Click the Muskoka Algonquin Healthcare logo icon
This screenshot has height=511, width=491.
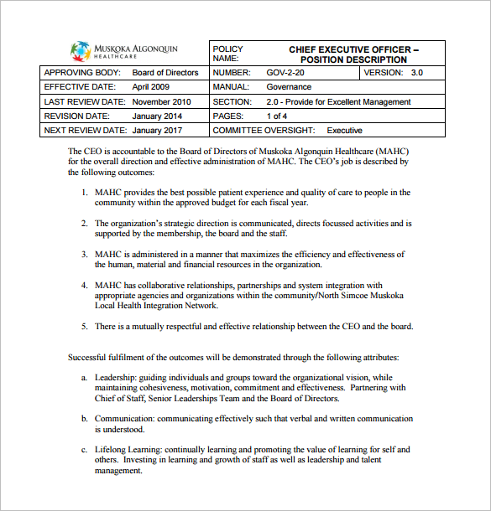(x=81, y=51)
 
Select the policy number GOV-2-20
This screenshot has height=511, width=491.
(x=285, y=73)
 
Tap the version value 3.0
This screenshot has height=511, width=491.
(x=416, y=73)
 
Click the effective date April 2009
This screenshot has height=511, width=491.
(x=151, y=87)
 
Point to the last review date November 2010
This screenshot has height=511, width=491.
(x=162, y=102)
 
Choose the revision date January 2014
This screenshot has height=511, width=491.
(x=157, y=116)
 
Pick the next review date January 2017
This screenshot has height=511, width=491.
(x=157, y=131)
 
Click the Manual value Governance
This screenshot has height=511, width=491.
(x=289, y=87)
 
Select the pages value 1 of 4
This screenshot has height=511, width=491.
(x=277, y=116)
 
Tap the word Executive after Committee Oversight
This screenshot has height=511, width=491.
(x=344, y=131)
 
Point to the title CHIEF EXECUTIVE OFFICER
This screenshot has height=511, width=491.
(x=353, y=49)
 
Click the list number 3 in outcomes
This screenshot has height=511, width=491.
(x=84, y=254)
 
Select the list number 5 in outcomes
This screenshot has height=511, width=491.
(x=84, y=326)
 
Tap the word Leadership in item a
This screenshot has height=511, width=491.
(x=113, y=377)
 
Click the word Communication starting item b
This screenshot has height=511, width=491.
(x=123, y=418)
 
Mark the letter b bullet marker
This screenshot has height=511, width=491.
(x=84, y=418)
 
